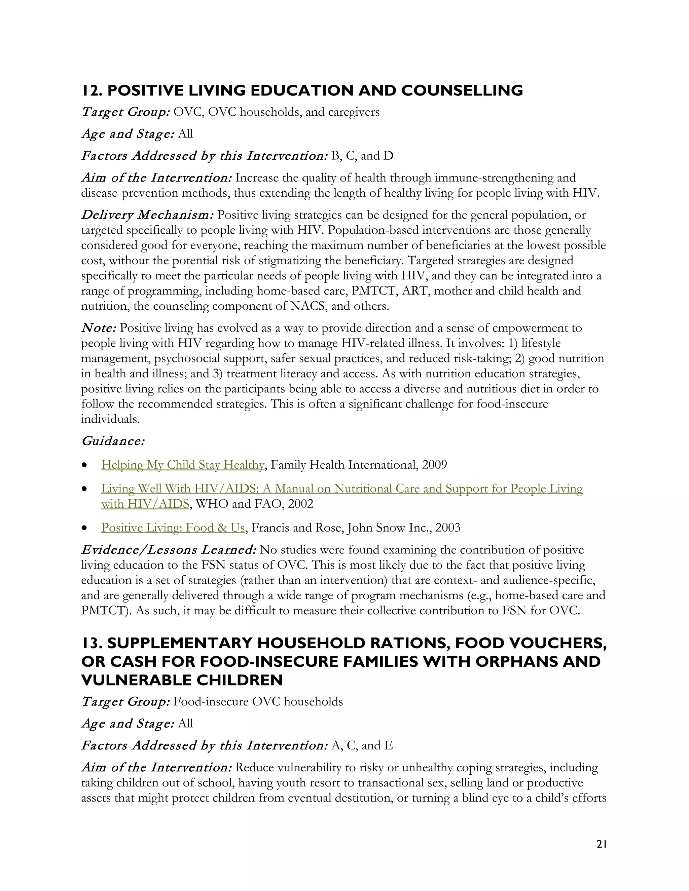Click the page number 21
[601, 844]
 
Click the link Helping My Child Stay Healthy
[182, 465]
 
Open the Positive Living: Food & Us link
[173, 528]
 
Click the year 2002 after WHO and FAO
[300, 504]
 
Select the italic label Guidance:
[113, 441]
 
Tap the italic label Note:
[99, 328]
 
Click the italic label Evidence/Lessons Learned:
[169, 550]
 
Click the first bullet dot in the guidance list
[84, 465]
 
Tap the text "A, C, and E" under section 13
[362, 746]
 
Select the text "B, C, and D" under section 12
[362, 156]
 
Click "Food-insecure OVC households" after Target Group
[258, 702]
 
